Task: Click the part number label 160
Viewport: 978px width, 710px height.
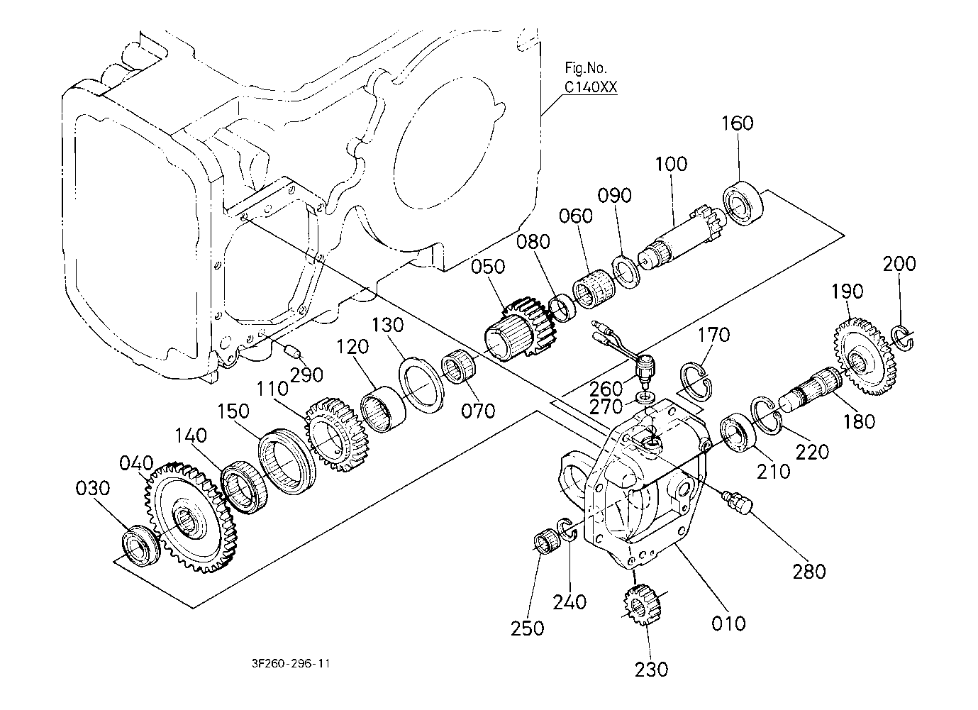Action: [x=738, y=123]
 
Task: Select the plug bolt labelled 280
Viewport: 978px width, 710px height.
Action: [x=738, y=502]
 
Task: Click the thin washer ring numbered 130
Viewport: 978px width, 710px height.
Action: [x=423, y=384]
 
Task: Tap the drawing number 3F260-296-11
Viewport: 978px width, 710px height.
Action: [x=291, y=664]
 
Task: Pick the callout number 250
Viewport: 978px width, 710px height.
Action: [x=527, y=628]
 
